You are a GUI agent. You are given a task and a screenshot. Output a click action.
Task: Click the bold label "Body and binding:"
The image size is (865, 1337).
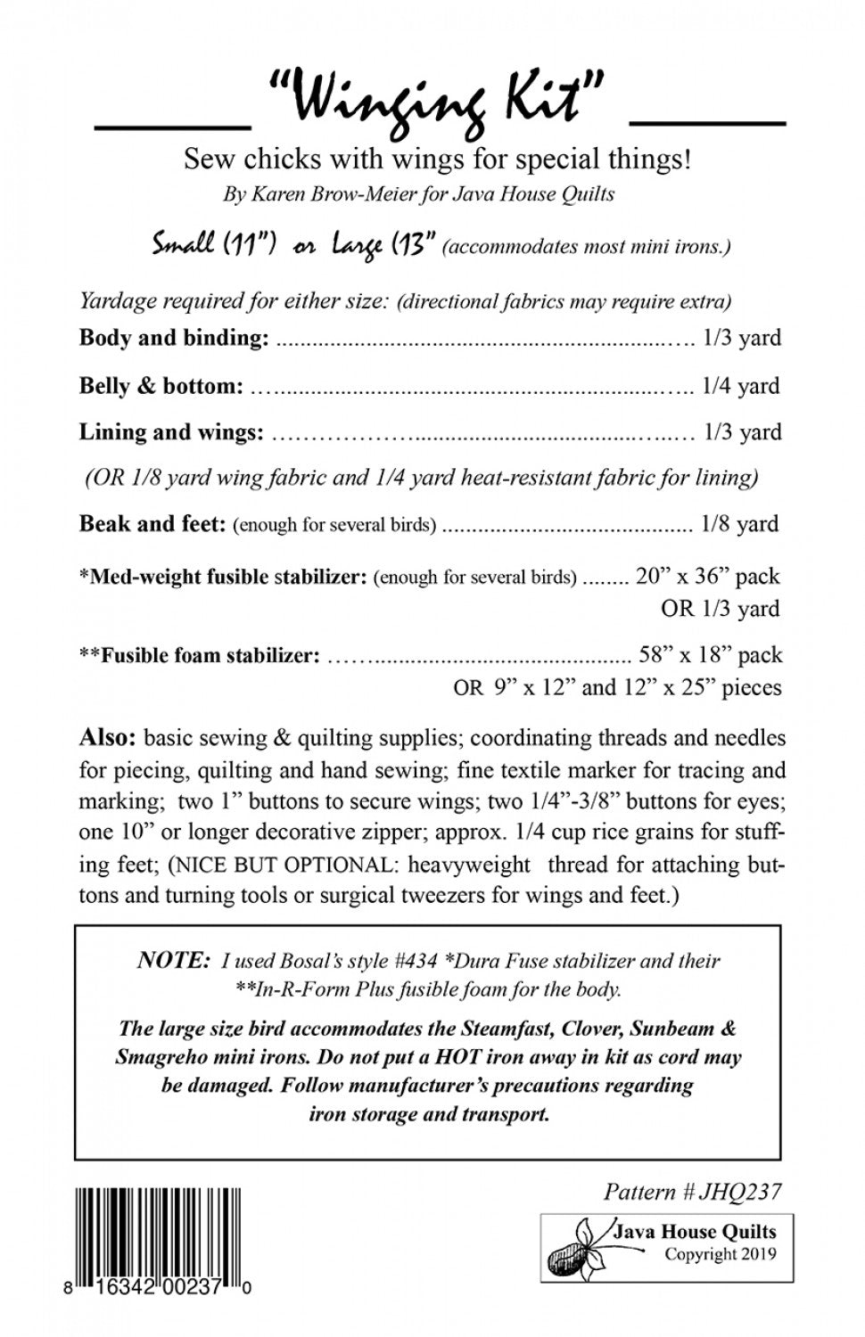point(174,338)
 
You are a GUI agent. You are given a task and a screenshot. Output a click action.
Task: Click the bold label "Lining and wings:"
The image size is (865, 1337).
point(171,432)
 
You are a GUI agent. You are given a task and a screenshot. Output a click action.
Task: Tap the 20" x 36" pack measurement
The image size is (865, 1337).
point(708,576)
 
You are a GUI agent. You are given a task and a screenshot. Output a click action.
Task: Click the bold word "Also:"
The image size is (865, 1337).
point(107,738)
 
